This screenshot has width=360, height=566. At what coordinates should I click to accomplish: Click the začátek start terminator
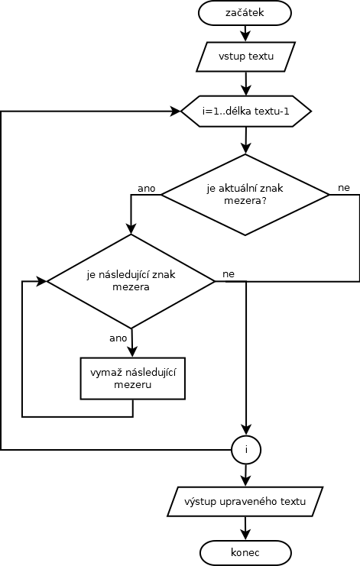tap(245, 13)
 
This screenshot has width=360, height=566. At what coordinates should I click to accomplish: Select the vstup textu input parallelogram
tap(246, 57)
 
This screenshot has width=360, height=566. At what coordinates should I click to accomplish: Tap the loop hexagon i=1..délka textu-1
tap(246, 112)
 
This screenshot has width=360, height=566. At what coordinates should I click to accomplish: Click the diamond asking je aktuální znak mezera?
tap(245, 195)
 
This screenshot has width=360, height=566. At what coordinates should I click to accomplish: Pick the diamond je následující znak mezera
tap(131, 281)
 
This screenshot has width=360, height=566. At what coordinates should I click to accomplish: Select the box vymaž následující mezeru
tap(133, 378)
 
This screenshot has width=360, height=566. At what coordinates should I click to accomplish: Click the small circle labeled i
tap(246, 450)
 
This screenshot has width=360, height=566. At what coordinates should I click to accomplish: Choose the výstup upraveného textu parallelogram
tap(245, 501)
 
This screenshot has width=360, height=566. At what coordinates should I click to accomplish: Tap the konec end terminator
tap(245, 553)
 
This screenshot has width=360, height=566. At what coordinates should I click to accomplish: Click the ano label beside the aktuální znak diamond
tap(146, 189)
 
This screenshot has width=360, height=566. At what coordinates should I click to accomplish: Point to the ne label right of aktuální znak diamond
tap(344, 188)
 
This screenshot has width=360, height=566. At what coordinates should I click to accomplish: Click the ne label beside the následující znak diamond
tap(229, 274)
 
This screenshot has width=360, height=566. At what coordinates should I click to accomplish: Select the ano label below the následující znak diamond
tap(118, 338)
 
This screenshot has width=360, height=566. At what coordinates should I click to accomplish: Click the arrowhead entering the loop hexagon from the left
tap(176, 112)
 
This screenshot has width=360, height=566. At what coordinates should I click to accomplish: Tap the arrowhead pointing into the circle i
tap(246, 430)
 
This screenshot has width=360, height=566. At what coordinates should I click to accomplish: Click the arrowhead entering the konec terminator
tap(245, 535)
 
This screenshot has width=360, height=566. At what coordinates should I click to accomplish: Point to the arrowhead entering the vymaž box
tap(133, 352)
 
